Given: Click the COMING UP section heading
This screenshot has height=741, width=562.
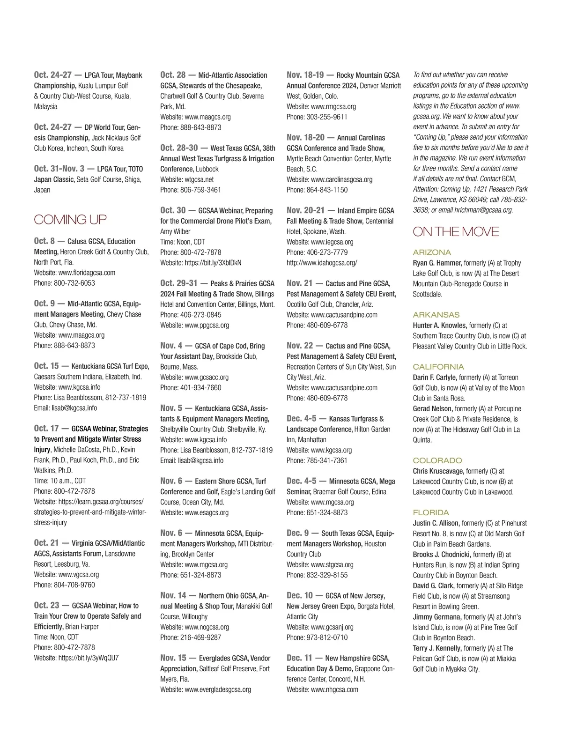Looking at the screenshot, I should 70,219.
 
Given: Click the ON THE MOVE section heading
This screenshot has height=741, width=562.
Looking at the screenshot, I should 456,231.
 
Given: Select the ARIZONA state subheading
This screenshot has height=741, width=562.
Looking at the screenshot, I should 432,252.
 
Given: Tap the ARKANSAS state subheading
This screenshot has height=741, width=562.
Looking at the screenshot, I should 436,315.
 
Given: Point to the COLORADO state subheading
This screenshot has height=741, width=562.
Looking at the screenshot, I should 437,460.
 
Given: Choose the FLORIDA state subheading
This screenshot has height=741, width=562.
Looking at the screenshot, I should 431,512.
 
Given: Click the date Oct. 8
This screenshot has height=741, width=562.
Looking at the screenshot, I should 44,241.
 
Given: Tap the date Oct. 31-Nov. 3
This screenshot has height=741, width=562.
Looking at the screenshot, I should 59,169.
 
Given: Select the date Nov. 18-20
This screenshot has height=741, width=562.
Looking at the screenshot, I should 305,137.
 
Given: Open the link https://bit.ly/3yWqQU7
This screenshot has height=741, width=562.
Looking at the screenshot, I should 89,658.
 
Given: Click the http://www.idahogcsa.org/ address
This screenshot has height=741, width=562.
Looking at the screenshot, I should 322,263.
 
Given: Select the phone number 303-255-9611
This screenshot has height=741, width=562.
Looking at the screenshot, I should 327,117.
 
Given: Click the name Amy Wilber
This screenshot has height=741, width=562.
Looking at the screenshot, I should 175,231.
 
